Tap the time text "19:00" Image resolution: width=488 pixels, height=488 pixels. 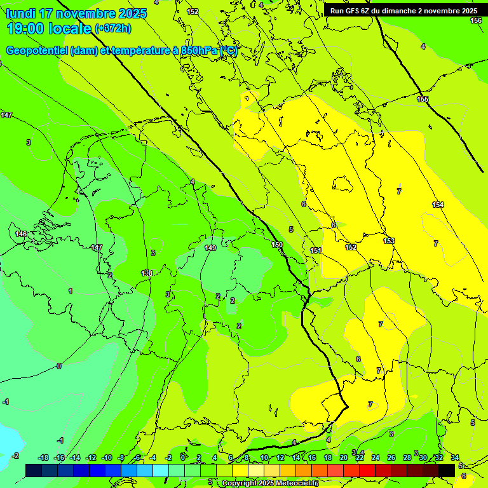tap(27, 29)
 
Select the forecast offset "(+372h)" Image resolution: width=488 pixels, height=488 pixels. tap(112, 29)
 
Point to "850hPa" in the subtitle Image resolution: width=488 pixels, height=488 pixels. tap(199, 51)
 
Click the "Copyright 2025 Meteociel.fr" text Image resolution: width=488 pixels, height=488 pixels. tap(269, 483)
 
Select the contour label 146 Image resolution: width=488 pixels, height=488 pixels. tap(21, 234)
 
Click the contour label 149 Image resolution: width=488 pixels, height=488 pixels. tap(210, 248)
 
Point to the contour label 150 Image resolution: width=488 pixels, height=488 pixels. tap(277, 245)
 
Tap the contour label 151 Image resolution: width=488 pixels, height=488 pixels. tap(316, 251)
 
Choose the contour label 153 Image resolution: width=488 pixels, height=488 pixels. tap(389, 241)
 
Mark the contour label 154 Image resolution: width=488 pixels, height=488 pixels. tap(438, 205)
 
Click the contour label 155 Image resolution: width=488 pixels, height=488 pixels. tap(423, 100)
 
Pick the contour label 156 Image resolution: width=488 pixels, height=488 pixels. tap(476, 21)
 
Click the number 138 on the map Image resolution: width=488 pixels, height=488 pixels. tap(147, 273)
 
